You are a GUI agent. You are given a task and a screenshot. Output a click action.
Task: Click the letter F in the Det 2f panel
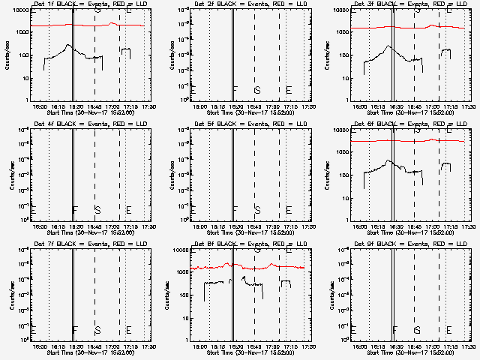click(235, 90)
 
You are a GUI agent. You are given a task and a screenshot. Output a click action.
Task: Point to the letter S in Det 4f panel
click(97, 209)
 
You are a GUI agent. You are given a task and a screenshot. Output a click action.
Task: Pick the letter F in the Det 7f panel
click(74, 329)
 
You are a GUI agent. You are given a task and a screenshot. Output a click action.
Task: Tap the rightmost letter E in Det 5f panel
click(289, 209)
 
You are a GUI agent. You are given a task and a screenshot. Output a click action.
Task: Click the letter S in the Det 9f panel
click(418, 329)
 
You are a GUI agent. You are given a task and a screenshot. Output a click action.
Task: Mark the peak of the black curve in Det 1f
click(67, 45)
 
